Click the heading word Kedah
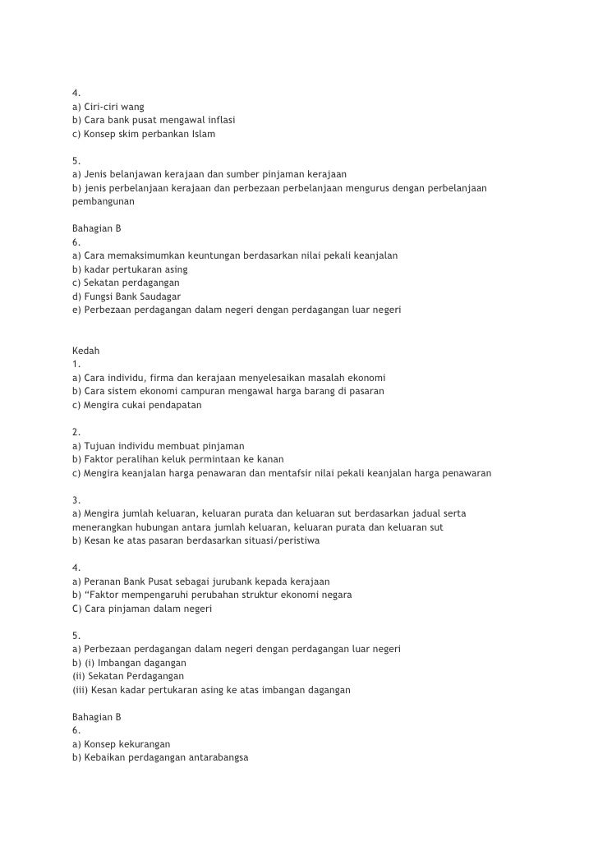86,350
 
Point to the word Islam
203,133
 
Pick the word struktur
255,595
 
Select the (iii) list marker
80,690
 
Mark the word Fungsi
101,296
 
